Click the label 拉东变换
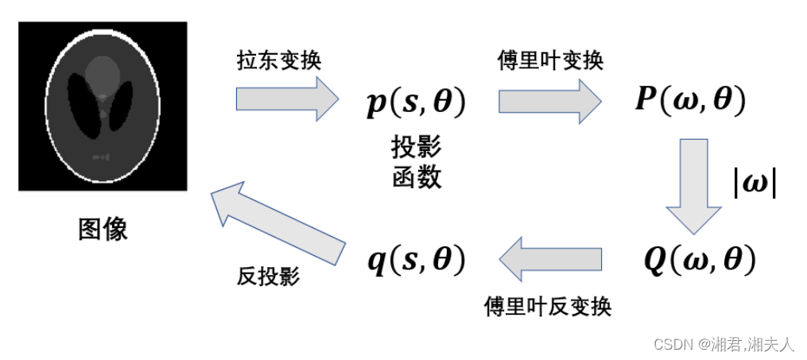click(x=279, y=61)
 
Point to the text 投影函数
click(x=416, y=161)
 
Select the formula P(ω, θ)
click(x=689, y=101)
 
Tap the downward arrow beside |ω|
click(x=693, y=184)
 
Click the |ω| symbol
click(x=754, y=183)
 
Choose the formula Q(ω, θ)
click(x=700, y=259)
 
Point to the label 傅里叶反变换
click(x=548, y=307)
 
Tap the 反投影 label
click(x=268, y=276)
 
